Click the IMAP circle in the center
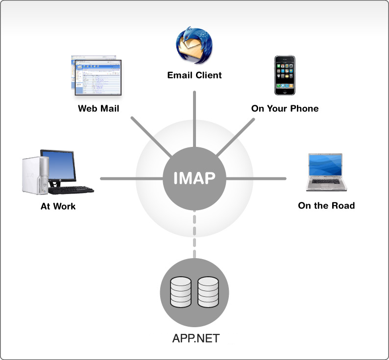click(x=194, y=178)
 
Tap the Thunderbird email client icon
click(x=194, y=45)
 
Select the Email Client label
click(x=194, y=75)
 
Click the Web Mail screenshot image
click(x=96, y=75)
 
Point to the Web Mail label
click(x=98, y=108)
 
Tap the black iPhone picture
click(x=285, y=75)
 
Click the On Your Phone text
click(x=285, y=108)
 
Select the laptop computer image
click(x=326, y=172)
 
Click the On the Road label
click(x=326, y=205)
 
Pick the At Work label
click(x=58, y=206)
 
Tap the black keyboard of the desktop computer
click(x=71, y=190)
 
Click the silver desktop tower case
click(x=35, y=175)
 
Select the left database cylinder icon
click(x=181, y=292)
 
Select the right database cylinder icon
click(x=208, y=292)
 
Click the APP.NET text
click(x=196, y=338)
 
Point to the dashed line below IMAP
click(x=194, y=234)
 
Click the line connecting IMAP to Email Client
click(x=194, y=119)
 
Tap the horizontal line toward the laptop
click(x=256, y=179)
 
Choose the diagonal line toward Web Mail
click(x=151, y=137)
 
